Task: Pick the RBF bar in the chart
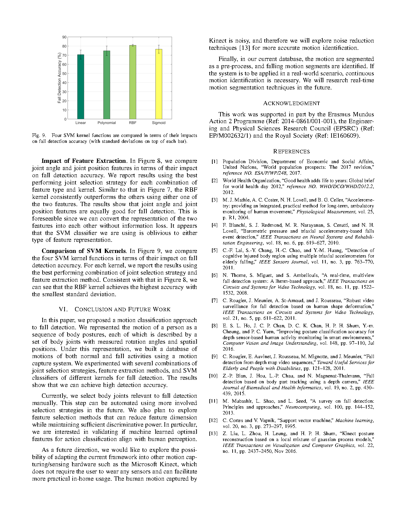pyautogui.click(x=133, y=82)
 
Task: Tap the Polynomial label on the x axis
pyautogui.click(x=106, y=123)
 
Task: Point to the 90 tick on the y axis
pyautogui.click(x=64, y=37)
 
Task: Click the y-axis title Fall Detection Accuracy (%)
pyautogui.click(x=59, y=78)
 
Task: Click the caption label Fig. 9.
pyautogui.click(x=39, y=135)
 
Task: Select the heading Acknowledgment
pyautogui.click(x=291, y=104)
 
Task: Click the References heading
pyautogui.click(x=291, y=151)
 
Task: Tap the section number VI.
pyautogui.click(x=63, y=309)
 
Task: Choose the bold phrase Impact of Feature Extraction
pyautogui.click(x=84, y=161)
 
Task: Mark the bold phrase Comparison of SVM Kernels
pyautogui.click(x=84, y=251)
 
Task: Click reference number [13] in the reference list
pyautogui.click(x=213, y=433)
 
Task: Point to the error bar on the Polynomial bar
pyautogui.click(x=106, y=51)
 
